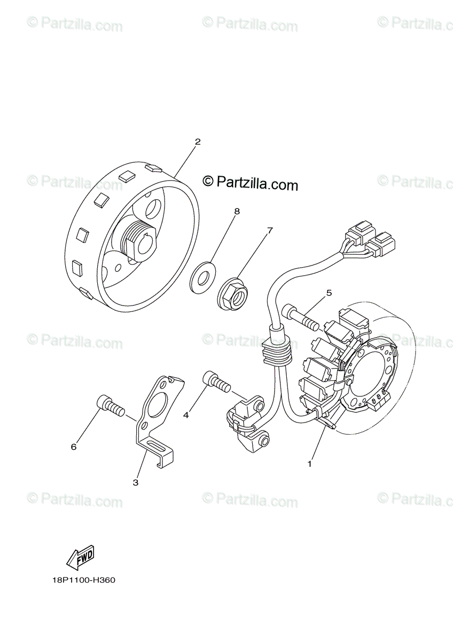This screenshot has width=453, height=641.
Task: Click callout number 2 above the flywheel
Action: coord(198,142)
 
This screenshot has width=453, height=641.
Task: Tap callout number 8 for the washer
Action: coord(237,212)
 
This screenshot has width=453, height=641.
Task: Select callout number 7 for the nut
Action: coord(270,231)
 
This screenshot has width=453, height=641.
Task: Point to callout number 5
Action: coord(329,293)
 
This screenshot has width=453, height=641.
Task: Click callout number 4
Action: coord(186,414)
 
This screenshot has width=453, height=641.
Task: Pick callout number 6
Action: coord(74,447)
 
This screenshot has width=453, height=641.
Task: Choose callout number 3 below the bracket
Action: coord(136,482)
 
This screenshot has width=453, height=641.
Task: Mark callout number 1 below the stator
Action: coord(309,464)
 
